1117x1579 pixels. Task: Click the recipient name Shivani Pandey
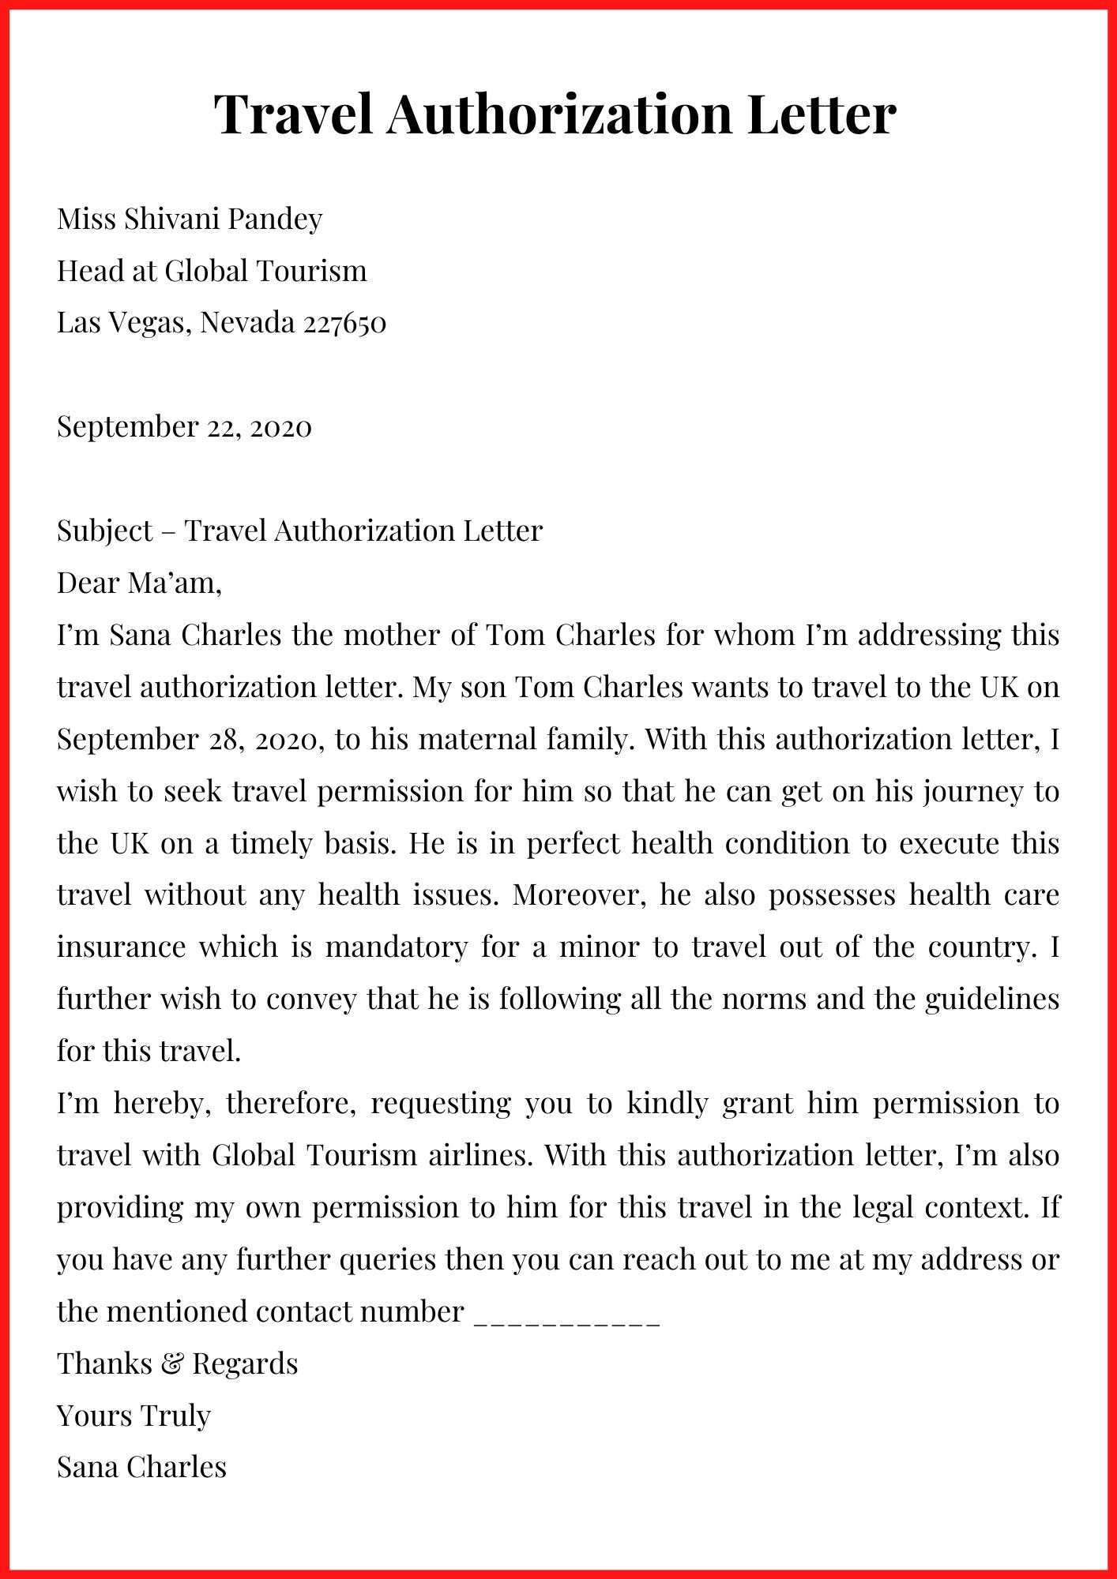(224, 219)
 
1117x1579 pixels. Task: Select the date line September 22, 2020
(184, 427)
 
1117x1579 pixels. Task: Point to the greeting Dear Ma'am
(139, 583)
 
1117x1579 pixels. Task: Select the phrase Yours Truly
(134, 1416)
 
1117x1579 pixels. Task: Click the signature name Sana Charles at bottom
(141, 1468)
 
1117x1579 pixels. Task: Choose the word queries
(387, 1260)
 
